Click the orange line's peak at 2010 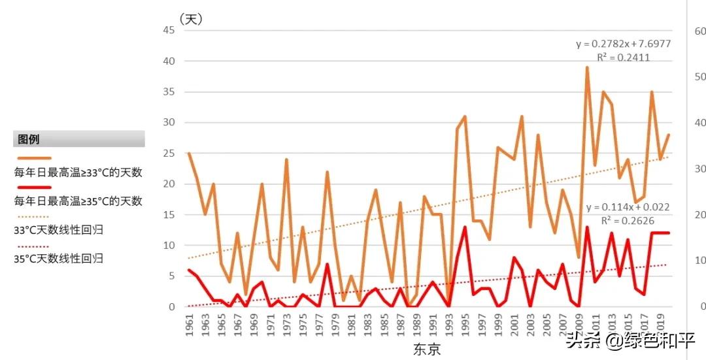pos(587,67)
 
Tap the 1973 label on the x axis pos(287,325)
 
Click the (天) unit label pos(191,20)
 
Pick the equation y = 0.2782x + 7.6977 pos(623,44)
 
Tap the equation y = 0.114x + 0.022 pos(628,207)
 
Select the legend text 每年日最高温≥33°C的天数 pos(78,172)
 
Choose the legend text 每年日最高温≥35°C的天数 pos(78,201)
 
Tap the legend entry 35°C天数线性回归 pos(59,258)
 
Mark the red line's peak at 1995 pos(465,227)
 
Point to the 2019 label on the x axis pos(662,325)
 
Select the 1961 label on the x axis pos(190,325)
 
